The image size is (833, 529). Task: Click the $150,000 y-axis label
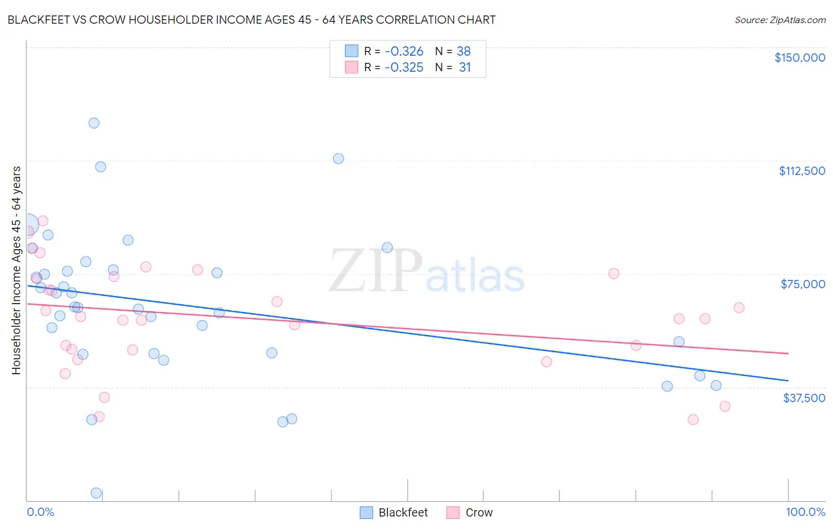[x=799, y=58]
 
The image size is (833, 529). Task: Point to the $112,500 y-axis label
[x=802, y=171]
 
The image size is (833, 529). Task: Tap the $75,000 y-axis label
[x=803, y=284]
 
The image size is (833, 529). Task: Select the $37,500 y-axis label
[x=803, y=398]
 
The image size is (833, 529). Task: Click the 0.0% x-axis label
[x=40, y=512]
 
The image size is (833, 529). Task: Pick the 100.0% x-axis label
[x=805, y=512]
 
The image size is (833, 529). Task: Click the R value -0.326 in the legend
[x=403, y=52]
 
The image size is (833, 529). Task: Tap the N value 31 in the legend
[x=464, y=68]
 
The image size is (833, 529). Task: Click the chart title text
[x=251, y=20]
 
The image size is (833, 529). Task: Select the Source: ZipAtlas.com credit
[x=780, y=20]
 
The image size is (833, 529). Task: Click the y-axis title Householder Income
[x=17, y=270]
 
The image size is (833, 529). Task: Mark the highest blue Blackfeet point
[x=94, y=123]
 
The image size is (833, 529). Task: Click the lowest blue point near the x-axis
[x=96, y=493]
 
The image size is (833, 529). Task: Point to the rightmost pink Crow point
[x=739, y=308]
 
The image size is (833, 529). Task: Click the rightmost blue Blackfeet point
[x=716, y=385]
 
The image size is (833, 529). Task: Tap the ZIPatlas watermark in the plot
[x=427, y=272]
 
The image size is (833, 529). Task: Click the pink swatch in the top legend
[x=351, y=68]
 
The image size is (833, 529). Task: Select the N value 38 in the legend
[x=463, y=52]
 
